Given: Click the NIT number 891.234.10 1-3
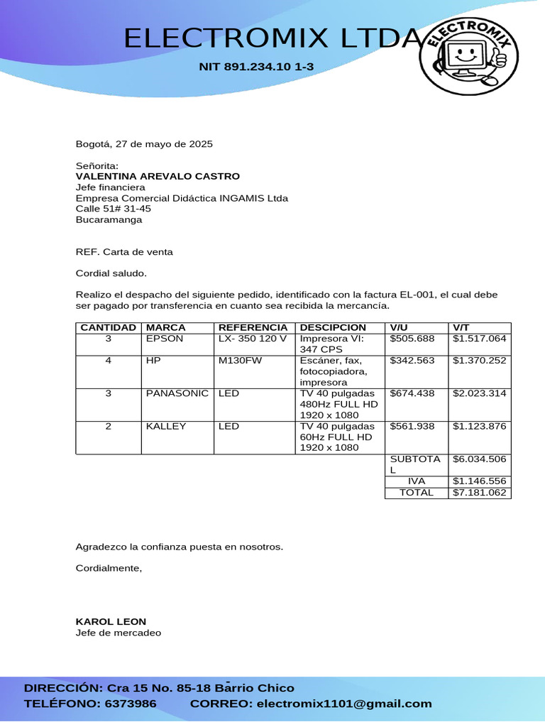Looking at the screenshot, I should pos(256,67).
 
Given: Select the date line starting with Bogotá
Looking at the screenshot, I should pos(144,144).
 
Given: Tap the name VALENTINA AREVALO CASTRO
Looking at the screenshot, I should pos(158,176).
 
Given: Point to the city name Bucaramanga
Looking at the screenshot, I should pos(109,219).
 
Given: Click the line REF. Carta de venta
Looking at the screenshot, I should pos(124,252).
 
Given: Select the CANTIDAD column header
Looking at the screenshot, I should pos(109,327).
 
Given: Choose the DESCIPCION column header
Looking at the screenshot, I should pos(333,327).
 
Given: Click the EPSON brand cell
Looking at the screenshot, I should pos(165,339).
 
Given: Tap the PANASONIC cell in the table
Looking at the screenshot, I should pos(177,393).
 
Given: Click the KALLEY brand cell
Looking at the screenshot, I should pos(166,426).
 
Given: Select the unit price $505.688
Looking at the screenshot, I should pos(412,339).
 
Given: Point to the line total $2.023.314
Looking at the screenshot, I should pos(480,393).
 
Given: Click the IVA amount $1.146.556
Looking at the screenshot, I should pos(480,481).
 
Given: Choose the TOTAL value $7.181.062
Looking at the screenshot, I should pos(480,492).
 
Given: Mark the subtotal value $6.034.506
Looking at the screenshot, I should pos(480,459).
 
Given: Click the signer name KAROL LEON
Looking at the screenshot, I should pos(111,621).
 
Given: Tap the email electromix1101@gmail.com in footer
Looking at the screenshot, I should pos(343,704).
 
